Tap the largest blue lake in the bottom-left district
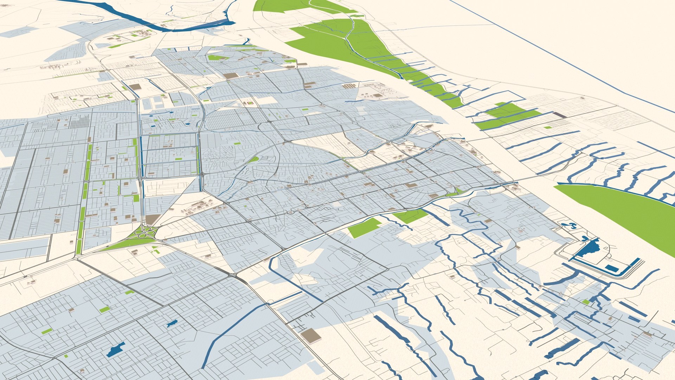[x=116, y=350]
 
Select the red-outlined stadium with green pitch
[x=250, y=103]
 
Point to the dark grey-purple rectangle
[x=560, y=115]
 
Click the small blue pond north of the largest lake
[x=172, y=323]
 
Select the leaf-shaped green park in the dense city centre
[x=254, y=159]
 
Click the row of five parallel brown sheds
[x=349, y=86]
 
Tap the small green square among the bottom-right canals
[x=585, y=302]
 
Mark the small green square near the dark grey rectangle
[x=547, y=127]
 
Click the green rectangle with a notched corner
[x=364, y=227]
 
